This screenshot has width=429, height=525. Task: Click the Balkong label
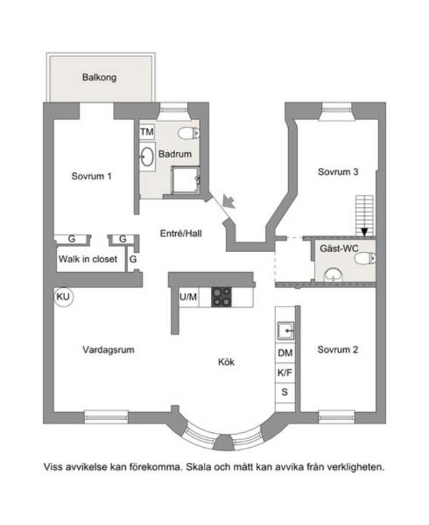pyautogui.click(x=99, y=77)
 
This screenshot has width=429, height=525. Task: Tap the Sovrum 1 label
pyautogui.click(x=92, y=176)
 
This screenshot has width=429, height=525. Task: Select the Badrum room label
pyautogui.click(x=175, y=154)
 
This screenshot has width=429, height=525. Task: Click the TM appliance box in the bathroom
pyautogui.click(x=147, y=131)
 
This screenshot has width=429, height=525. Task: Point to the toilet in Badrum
pyautogui.click(x=189, y=134)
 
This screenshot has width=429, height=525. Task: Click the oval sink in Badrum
pyautogui.click(x=147, y=156)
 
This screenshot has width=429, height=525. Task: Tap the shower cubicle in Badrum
pyautogui.click(x=185, y=180)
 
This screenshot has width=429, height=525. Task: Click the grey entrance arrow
pyautogui.click(x=229, y=201)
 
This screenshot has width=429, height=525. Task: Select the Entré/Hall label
pyautogui.click(x=181, y=234)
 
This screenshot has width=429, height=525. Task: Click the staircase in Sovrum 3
pyautogui.click(x=365, y=215)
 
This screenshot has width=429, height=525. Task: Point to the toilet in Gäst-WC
pyautogui.click(x=365, y=259)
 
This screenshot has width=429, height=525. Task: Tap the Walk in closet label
pyautogui.click(x=88, y=259)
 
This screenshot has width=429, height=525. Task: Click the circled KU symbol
pyautogui.click(x=64, y=296)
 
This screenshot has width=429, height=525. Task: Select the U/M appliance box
pyautogui.click(x=188, y=297)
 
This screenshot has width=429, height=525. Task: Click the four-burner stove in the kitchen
pyautogui.click(x=221, y=297)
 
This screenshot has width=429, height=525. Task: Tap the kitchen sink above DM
pyautogui.click(x=285, y=331)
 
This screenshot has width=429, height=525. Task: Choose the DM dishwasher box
pyautogui.click(x=285, y=353)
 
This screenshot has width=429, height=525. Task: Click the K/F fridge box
pyautogui.click(x=285, y=372)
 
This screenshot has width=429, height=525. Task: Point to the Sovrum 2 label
pyautogui.click(x=337, y=350)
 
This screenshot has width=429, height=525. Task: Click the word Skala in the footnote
pyautogui.click(x=199, y=466)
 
